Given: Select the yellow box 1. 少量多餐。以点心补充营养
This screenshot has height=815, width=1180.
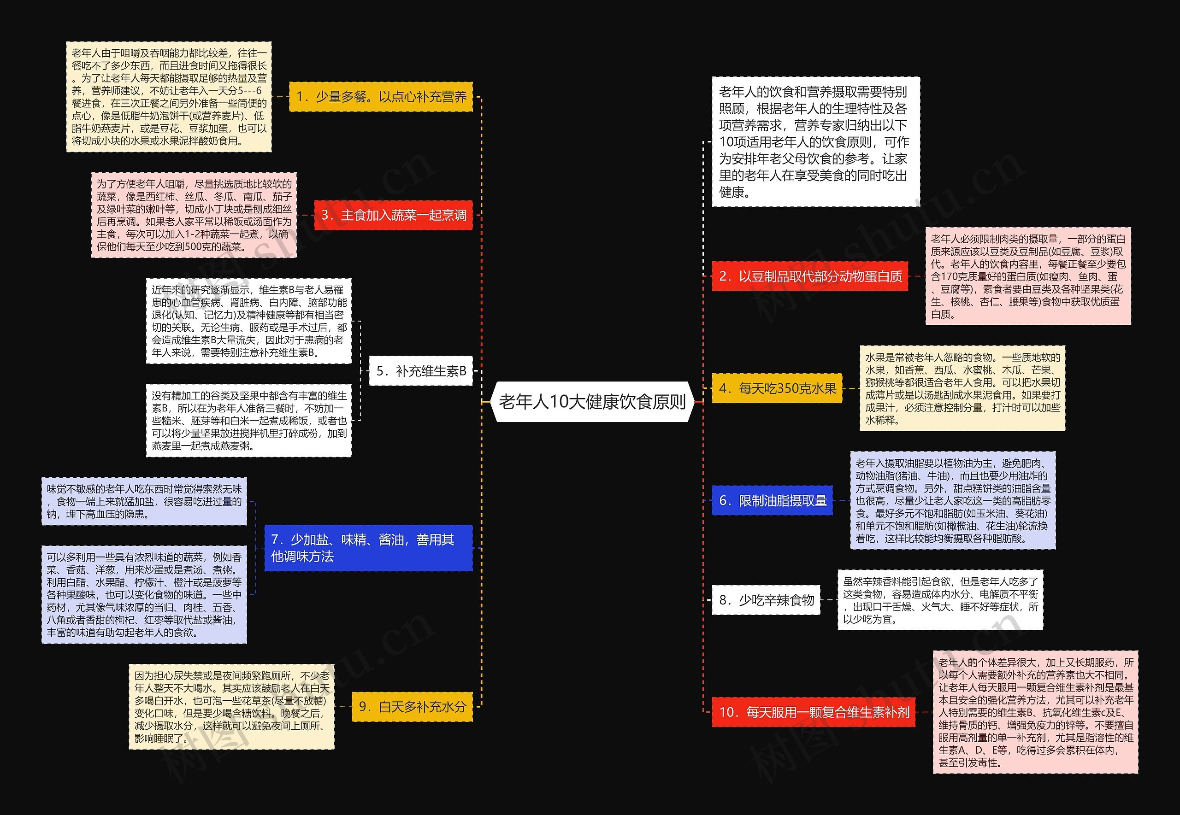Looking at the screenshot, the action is [x=381, y=96].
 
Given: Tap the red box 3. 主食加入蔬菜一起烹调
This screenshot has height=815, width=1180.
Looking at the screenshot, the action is [x=393, y=215].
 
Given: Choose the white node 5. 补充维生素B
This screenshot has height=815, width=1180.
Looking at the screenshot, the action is [x=420, y=371].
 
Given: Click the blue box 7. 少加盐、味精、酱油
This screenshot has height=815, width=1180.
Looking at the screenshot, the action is [x=368, y=548].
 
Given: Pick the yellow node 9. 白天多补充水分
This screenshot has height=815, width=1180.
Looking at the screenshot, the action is [x=412, y=707].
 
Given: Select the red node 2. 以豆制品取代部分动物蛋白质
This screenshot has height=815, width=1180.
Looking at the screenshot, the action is [x=810, y=276].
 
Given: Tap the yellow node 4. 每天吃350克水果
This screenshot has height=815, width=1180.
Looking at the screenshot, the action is [x=777, y=388].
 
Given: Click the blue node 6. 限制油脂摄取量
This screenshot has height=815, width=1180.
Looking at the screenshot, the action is [x=772, y=500].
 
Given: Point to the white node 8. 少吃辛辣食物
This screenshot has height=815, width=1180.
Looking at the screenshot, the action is [x=766, y=600].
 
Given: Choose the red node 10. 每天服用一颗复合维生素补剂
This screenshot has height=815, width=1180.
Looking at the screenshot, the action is [x=813, y=712].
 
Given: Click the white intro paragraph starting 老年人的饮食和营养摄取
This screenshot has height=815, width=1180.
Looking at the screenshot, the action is [x=815, y=142].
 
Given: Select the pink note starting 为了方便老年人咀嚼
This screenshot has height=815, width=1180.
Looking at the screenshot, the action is [x=194, y=215].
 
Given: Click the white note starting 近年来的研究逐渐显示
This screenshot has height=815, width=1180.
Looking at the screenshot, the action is [x=249, y=321].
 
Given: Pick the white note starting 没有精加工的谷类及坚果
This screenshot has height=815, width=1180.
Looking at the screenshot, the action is [x=249, y=420].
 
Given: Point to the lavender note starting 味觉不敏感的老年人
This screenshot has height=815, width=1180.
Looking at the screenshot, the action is [x=144, y=501].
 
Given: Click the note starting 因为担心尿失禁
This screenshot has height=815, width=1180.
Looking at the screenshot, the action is [x=231, y=707].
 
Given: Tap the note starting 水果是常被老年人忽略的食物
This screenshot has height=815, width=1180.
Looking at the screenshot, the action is [x=962, y=388].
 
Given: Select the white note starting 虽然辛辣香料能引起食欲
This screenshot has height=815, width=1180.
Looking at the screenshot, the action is [x=940, y=600].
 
